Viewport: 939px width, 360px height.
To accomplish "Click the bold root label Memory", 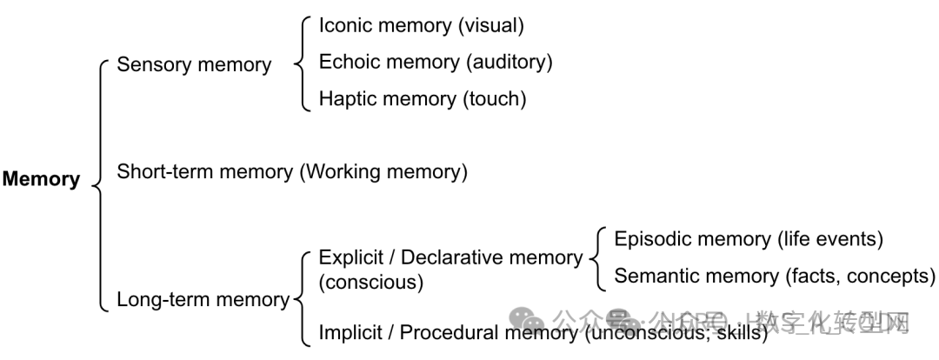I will point(41,180).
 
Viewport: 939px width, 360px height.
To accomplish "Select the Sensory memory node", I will point(194,64).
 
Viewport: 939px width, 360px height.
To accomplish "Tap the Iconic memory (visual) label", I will point(422,25).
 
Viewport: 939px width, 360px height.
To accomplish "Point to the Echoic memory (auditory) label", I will point(436,62).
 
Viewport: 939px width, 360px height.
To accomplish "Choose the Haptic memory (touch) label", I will point(423,98).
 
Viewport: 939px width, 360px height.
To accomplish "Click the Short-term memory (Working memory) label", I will point(292,171).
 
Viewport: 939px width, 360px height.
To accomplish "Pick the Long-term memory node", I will point(203,300).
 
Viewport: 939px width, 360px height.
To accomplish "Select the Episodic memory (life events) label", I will point(749,239).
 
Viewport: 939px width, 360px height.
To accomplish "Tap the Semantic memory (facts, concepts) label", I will point(775,276).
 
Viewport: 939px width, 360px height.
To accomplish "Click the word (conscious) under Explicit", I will point(371,283).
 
